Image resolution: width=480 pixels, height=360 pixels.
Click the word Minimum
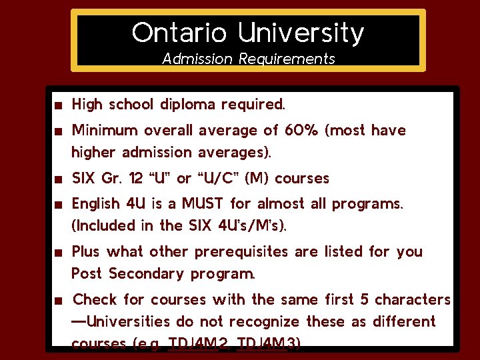(103, 130)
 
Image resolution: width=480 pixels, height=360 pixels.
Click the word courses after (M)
(301, 179)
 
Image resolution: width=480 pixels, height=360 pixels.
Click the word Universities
(127, 322)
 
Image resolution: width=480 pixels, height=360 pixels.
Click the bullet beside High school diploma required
(59, 105)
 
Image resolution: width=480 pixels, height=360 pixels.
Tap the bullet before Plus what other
(59, 253)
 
